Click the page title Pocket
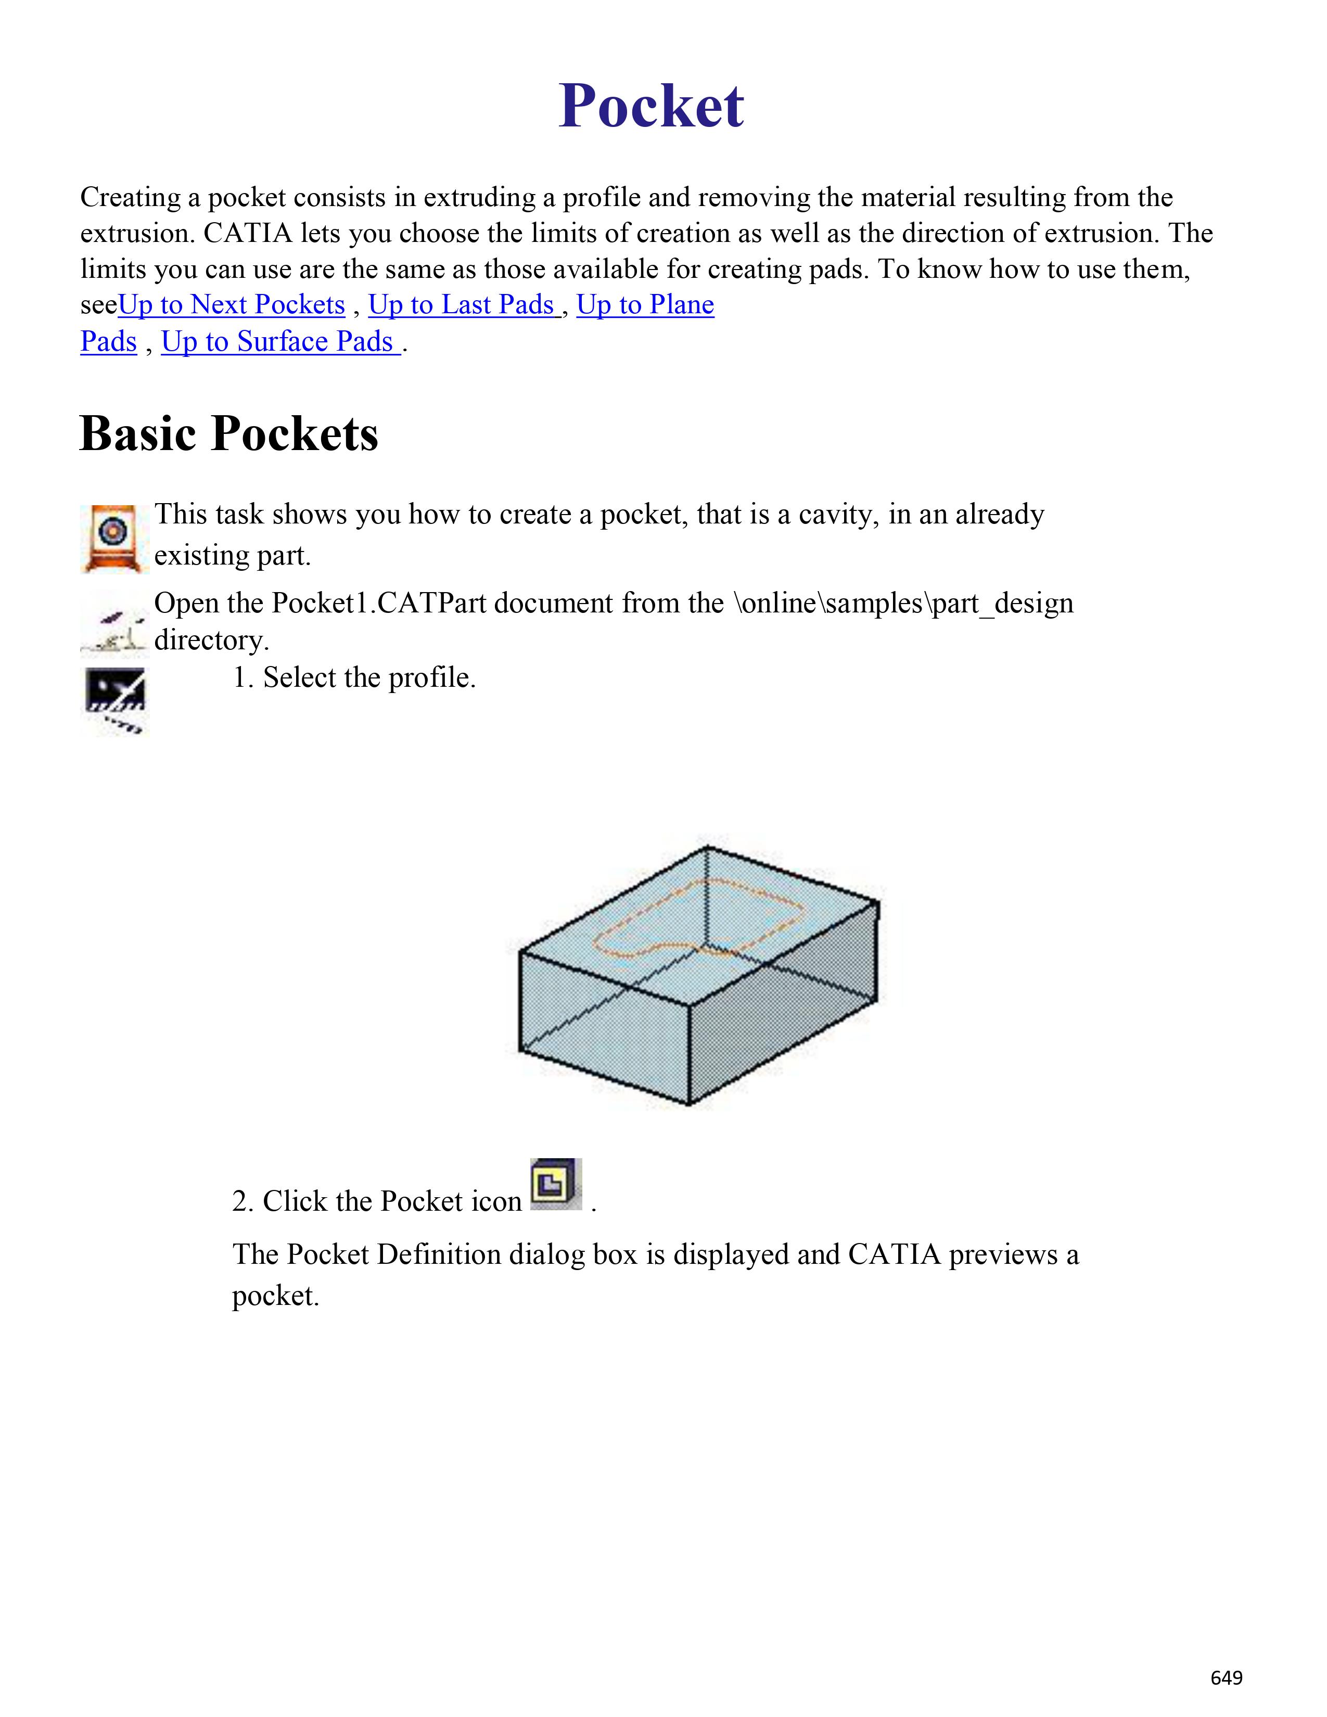[651, 106]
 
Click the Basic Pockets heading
[229, 433]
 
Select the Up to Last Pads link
[463, 305]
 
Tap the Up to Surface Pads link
[280, 342]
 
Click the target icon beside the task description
[113, 539]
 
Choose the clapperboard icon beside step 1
[115, 700]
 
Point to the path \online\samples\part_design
[903, 604]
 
